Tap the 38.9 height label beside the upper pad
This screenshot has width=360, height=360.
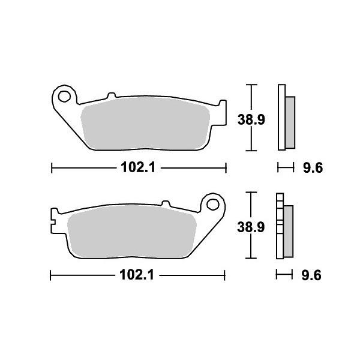pos(245,120)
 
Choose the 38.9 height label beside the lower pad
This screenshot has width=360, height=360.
pos(245,227)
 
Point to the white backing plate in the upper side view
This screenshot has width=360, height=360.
pos(281,117)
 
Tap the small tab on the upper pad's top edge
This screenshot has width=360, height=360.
pos(110,95)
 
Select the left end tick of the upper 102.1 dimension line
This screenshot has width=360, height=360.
pos(51,169)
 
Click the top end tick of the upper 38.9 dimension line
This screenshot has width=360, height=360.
pos(253,85)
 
